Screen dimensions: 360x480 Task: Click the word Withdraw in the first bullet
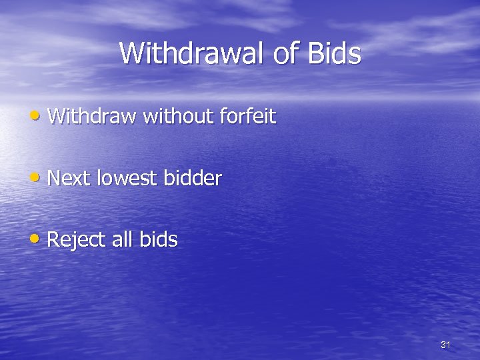(92, 117)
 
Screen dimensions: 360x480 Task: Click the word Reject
(75, 239)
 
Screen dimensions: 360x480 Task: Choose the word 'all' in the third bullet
(121, 239)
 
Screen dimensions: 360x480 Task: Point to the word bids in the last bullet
(159, 239)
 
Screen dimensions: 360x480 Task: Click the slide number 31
(446, 345)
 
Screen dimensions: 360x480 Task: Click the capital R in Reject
(54, 239)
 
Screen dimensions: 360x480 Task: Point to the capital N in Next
(55, 178)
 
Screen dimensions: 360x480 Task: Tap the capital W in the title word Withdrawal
(131, 53)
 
